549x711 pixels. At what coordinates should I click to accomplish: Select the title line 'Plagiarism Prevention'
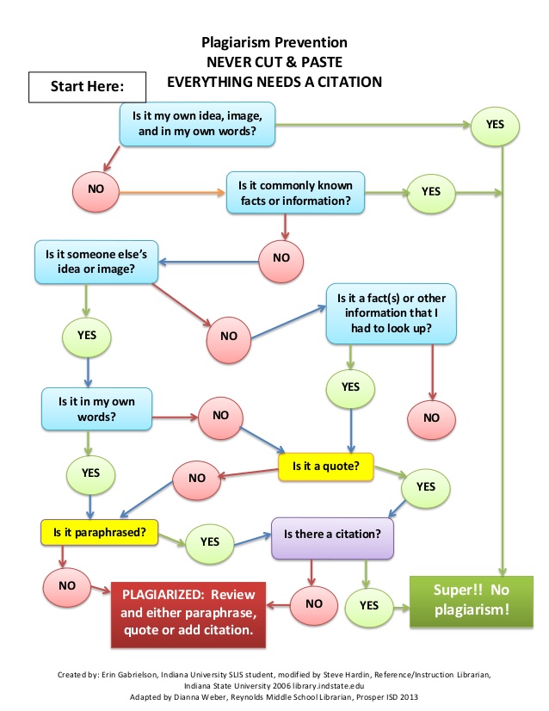click(274, 41)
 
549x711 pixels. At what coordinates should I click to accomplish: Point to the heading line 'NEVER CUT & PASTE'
click(274, 61)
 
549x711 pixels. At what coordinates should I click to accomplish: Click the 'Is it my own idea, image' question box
click(198, 124)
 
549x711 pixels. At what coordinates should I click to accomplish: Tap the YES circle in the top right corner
click(495, 125)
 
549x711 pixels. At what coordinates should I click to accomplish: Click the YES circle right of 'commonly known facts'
click(430, 192)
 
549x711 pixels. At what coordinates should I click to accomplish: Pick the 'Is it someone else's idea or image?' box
click(95, 262)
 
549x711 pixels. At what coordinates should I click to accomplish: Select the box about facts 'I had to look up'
click(391, 312)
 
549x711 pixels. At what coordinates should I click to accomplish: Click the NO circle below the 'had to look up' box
click(430, 417)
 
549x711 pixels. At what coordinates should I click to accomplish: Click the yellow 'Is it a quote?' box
click(325, 467)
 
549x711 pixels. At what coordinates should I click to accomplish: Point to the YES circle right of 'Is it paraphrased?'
click(209, 541)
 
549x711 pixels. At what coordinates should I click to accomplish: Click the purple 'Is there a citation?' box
click(332, 532)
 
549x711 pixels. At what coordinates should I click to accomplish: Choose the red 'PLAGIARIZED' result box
click(188, 613)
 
